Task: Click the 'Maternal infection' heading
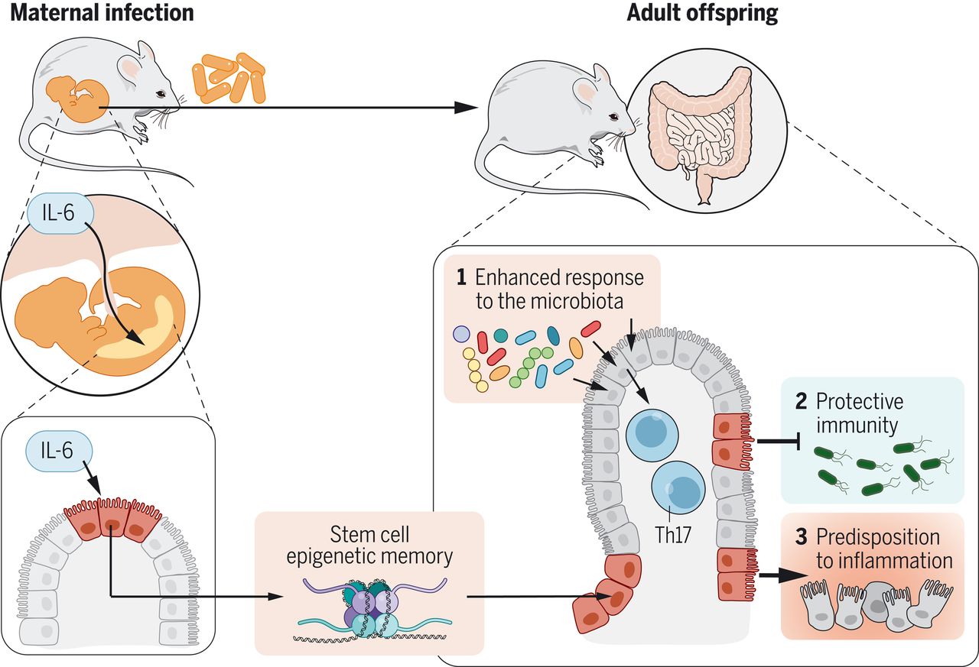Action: tap(102, 13)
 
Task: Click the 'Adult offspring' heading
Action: tap(702, 13)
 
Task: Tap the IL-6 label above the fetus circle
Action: tap(60, 213)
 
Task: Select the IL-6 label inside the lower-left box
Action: tap(58, 450)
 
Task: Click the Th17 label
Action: tap(672, 535)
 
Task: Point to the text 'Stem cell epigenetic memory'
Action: tap(369, 546)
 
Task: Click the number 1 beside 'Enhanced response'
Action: tap(461, 277)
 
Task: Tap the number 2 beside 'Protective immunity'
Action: tap(801, 401)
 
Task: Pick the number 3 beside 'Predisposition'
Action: tap(801, 537)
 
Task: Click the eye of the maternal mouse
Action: tap(161, 94)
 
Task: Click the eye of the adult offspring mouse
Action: tap(613, 117)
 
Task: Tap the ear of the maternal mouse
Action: tap(131, 69)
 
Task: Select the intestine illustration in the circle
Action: tap(701, 132)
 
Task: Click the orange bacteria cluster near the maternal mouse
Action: tap(229, 78)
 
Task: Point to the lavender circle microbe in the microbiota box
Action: tap(461, 334)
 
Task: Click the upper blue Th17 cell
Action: tap(652, 435)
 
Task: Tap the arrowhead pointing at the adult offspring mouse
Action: tap(466, 108)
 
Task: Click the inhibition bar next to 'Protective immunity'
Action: tap(799, 442)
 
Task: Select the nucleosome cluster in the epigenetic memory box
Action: tap(371, 609)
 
